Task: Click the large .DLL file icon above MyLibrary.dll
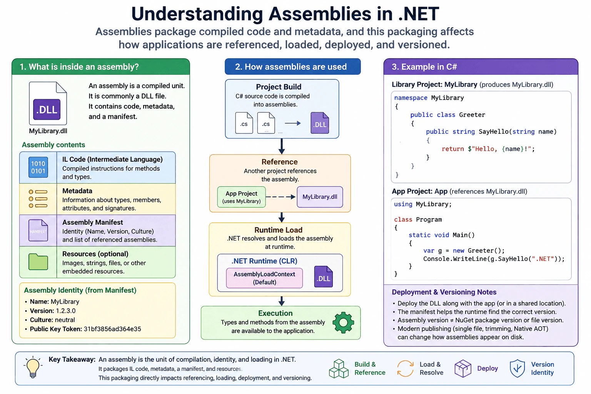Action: click(x=48, y=103)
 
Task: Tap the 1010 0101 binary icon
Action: click(x=38, y=167)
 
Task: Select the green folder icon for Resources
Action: click(x=38, y=262)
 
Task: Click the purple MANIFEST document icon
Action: click(x=38, y=230)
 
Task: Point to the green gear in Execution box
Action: click(x=343, y=322)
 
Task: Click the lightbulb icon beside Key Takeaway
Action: click(x=33, y=367)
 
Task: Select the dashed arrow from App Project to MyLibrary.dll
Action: click(x=280, y=197)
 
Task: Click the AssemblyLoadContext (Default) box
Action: click(x=264, y=278)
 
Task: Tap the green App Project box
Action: click(x=241, y=197)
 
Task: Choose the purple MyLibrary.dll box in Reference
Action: click(x=320, y=197)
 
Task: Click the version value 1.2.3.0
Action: click(x=66, y=311)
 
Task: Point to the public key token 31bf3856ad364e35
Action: click(x=112, y=329)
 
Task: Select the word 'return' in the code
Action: click(x=452, y=149)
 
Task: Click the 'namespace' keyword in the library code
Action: click(x=411, y=98)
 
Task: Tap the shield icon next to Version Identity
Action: click(x=517, y=368)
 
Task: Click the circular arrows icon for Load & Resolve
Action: click(x=405, y=368)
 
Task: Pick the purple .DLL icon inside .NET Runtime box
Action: click(x=324, y=277)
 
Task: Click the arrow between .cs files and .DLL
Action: click(x=293, y=123)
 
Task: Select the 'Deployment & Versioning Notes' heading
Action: click(x=444, y=292)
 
